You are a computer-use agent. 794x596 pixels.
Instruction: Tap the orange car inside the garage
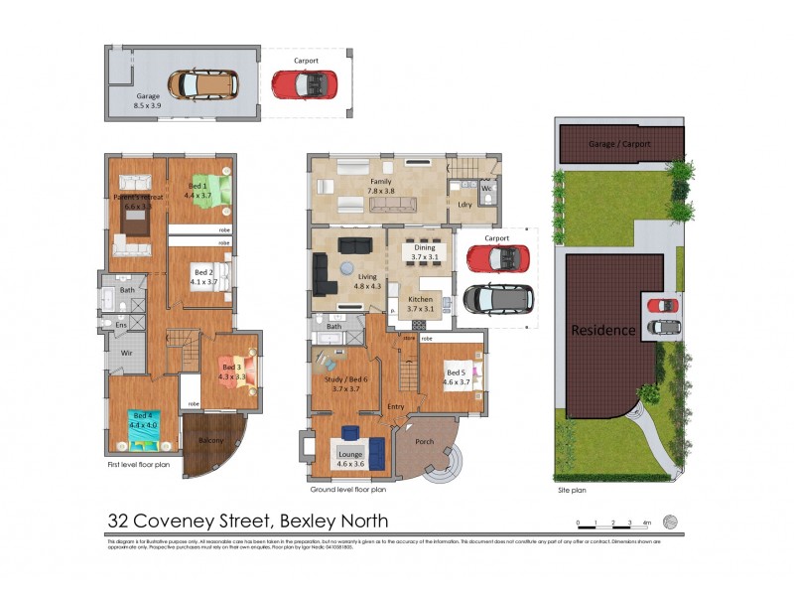click(202, 83)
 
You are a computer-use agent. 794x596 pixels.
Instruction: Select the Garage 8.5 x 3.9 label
click(141, 100)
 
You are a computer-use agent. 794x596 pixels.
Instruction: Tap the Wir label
click(126, 353)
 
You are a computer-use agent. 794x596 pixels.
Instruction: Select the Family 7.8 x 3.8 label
click(381, 188)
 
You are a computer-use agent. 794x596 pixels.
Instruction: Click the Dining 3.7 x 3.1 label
click(426, 252)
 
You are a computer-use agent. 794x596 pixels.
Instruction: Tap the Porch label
click(424, 441)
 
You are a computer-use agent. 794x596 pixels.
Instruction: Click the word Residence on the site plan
click(601, 330)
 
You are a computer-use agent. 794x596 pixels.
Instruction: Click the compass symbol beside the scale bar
click(670, 521)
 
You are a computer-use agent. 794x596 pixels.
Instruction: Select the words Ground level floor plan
click(347, 489)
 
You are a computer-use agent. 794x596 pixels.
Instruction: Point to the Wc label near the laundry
click(486, 187)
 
